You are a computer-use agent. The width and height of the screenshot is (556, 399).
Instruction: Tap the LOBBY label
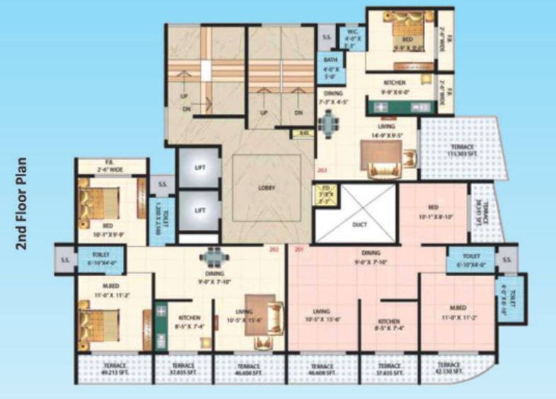click(267, 187)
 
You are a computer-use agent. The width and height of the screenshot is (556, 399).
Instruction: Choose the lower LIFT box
click(199, 211)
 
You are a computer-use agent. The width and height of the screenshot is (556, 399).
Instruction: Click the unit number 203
click(323, 170)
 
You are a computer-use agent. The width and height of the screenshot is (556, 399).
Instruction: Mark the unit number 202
click(274, 250)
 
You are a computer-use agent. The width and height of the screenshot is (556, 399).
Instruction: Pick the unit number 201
click(298, 250)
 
